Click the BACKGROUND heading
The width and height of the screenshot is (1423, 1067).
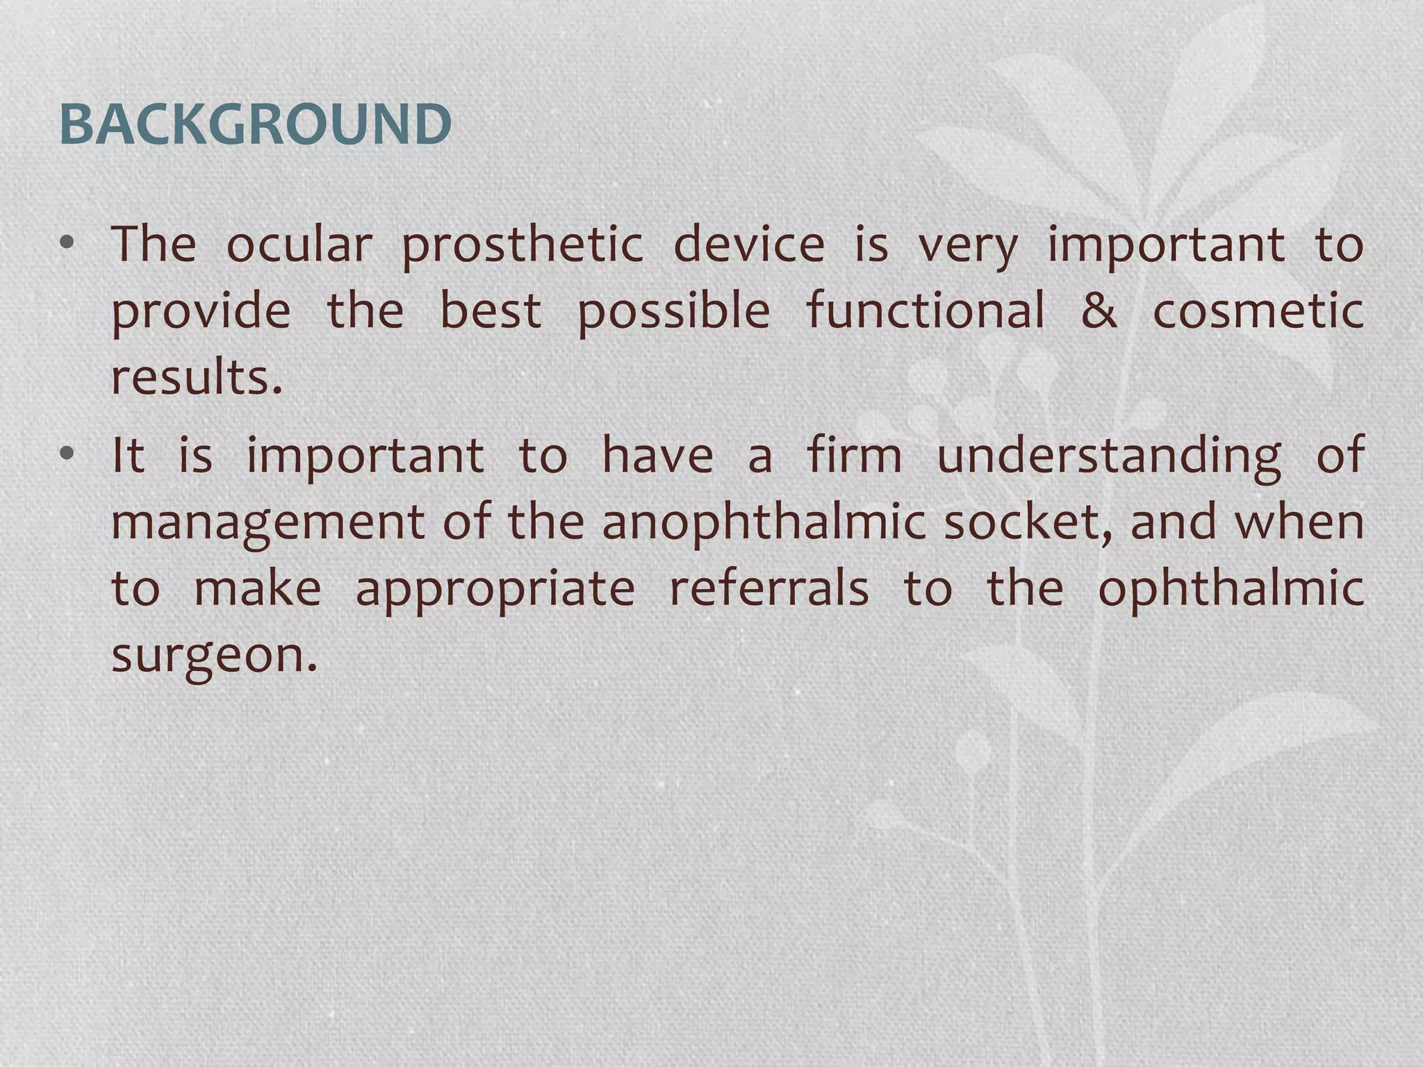[256, 125]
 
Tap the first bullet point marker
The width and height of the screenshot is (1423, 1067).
[67, 243]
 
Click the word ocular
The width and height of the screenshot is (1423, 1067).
[299, 245]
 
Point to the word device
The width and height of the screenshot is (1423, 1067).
[749, 245]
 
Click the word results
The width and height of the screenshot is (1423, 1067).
[197, 378]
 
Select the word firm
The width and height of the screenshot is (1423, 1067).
[854, 456]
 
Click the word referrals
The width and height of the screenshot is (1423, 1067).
[768, 589]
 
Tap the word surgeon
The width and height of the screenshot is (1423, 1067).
[214, 656]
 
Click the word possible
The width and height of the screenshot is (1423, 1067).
[673, 312]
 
